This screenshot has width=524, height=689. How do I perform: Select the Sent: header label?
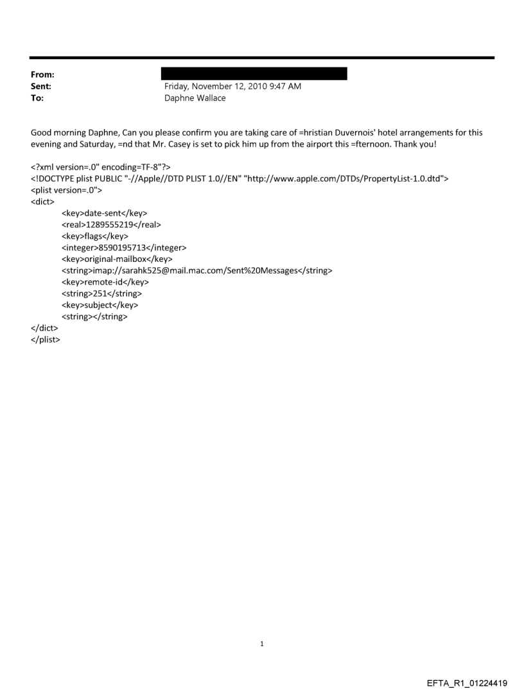pos(40,87)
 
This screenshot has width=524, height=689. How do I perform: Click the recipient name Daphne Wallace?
pos(195,98)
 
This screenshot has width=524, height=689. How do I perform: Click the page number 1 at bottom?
pos(262,643)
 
